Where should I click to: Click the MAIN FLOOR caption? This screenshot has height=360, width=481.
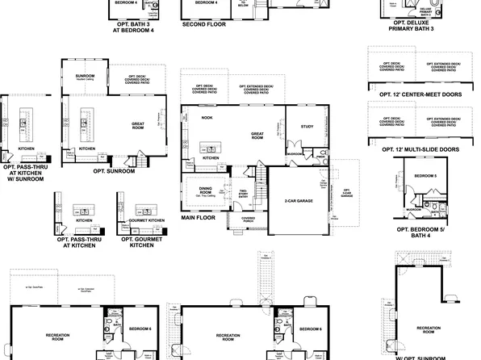coord(199,217)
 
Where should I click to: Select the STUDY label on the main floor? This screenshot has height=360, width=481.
coord(307,127)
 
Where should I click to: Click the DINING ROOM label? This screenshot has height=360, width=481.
coord(205,190)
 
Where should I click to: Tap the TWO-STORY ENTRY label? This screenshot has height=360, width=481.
coord(242,194)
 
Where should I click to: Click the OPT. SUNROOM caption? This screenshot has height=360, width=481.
coord(113,171)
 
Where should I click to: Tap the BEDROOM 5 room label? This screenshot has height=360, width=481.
coord(425,175)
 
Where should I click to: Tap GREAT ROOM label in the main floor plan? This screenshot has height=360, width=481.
coord(258,136)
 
